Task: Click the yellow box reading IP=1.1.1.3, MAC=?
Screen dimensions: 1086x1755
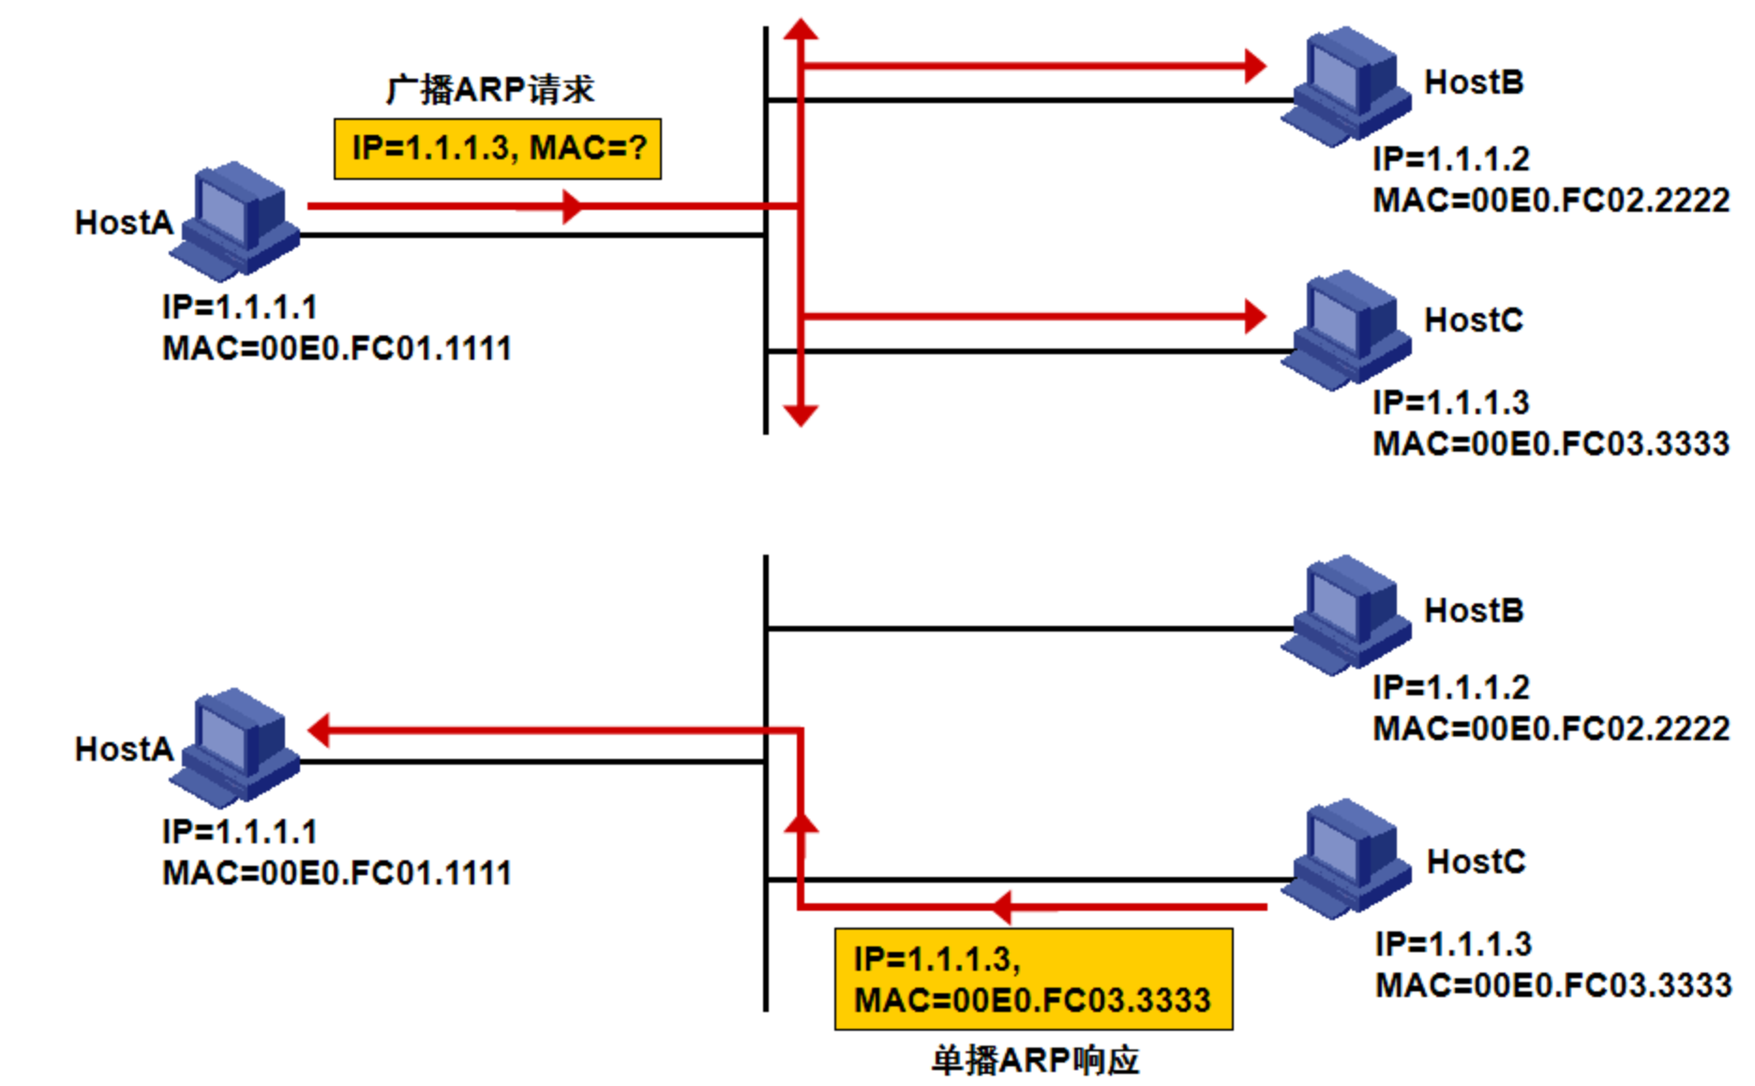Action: coord(497,148)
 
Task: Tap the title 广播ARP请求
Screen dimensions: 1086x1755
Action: coord(490,90)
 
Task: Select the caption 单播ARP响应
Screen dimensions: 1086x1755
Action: coord(1035,1060)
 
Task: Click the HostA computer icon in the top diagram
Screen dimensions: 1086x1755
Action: coord(240,221)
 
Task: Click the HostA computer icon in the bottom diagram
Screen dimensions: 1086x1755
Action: coord(240,748)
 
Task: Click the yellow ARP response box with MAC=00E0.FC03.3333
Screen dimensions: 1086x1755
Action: coord(1033,979)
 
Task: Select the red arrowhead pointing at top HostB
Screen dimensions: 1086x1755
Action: coord(1254,66)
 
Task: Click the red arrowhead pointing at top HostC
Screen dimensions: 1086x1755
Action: coord(1254,317)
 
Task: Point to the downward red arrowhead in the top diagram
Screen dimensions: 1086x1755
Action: coord(801,414)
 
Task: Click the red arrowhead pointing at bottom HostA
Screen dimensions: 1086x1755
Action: coord(320,730)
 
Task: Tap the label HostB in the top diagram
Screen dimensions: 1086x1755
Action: coord(1473,82)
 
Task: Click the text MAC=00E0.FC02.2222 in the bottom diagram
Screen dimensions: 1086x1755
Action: coord(1551,728)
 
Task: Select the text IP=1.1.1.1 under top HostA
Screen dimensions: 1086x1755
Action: coord(239,306)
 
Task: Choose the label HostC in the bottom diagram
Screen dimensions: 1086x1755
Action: coord(1476,861)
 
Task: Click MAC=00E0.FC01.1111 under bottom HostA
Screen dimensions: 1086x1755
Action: coord(337,872)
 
